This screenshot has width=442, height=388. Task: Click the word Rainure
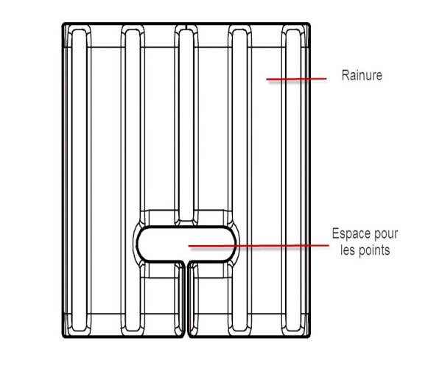coord(362,75)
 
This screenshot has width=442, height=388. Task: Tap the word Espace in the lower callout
coord(351,234)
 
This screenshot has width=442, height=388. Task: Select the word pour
coord(386,235)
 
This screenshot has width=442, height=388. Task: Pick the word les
coord(347,250)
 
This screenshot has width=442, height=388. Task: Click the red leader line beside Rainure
coord(297,79)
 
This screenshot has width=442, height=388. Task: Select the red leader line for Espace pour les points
coord(259,246)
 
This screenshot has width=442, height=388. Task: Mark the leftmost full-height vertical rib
coord(80,180)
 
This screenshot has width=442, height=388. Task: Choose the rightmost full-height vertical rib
coord(293,180)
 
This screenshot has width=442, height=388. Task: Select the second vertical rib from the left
coord(133,180)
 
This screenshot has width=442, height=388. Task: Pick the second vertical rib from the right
coord(239,180)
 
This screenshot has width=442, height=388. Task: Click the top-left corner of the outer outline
coord(63,24)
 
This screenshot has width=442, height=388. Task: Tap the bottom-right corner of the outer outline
coord(309,336)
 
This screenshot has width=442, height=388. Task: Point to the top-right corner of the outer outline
coord(309,24)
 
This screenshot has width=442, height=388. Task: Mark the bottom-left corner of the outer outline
coord(63,336)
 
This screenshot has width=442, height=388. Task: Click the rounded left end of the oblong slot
coord(138,244)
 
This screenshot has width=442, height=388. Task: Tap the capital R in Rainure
coord(345,75)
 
